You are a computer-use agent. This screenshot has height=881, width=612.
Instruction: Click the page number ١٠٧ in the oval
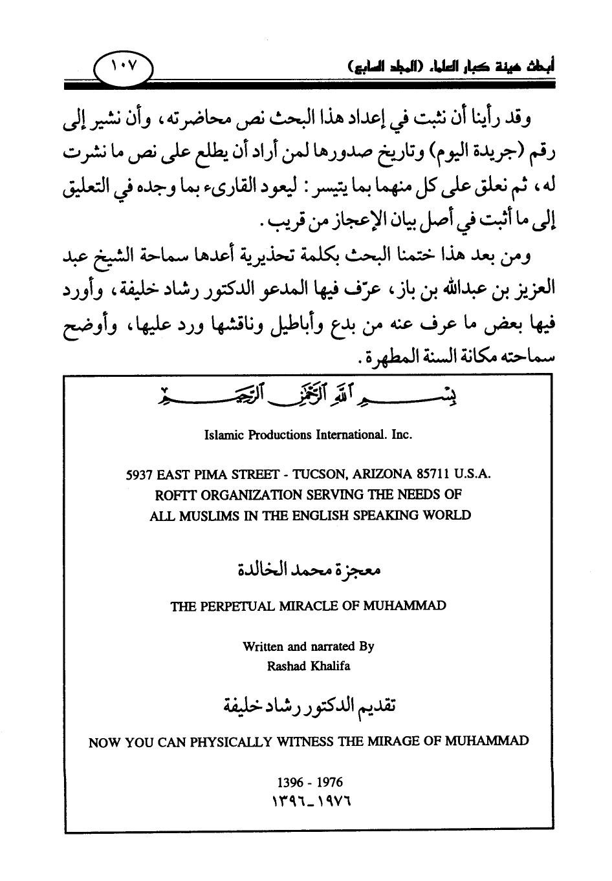tap(121, 67)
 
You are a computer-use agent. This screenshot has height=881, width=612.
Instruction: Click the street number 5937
tap(139, 474)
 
